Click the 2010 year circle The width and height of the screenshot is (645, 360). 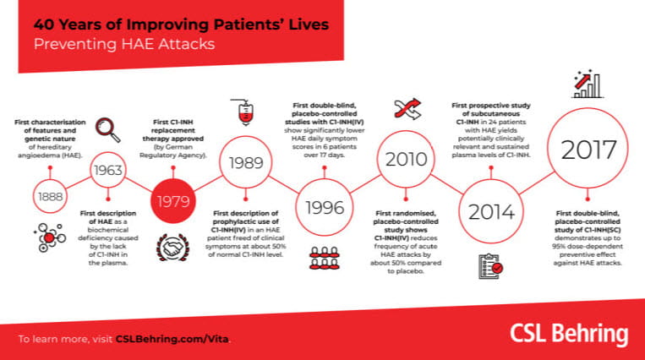pyautogui.click(x=403, y=158)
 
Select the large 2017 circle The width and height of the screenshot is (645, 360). pyautogui.click(x=589, y=151)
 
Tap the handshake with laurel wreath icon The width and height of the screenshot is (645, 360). pyautogui.click(x=172, y=247)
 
